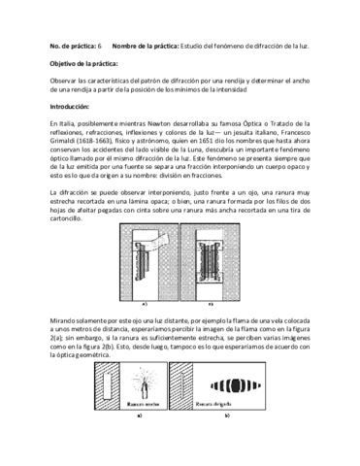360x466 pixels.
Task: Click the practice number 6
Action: coord(100,47)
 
